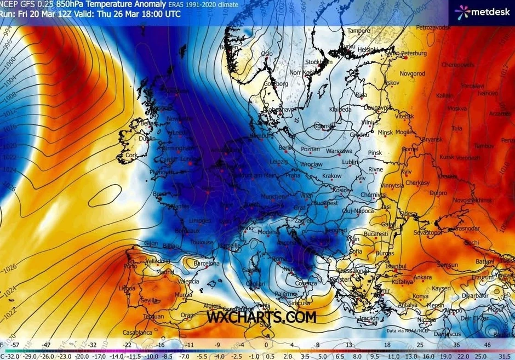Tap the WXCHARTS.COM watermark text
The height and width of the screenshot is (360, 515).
coord(261,317)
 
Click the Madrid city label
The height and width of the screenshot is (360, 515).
coord(164,272)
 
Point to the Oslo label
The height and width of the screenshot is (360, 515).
coord(267,54)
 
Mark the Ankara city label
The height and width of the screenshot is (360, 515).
coord(422,277)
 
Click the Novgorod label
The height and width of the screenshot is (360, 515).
coord(413,73)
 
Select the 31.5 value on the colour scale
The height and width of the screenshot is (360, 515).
coord(504,356)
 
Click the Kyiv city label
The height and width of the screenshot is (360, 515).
coord(406,172)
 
